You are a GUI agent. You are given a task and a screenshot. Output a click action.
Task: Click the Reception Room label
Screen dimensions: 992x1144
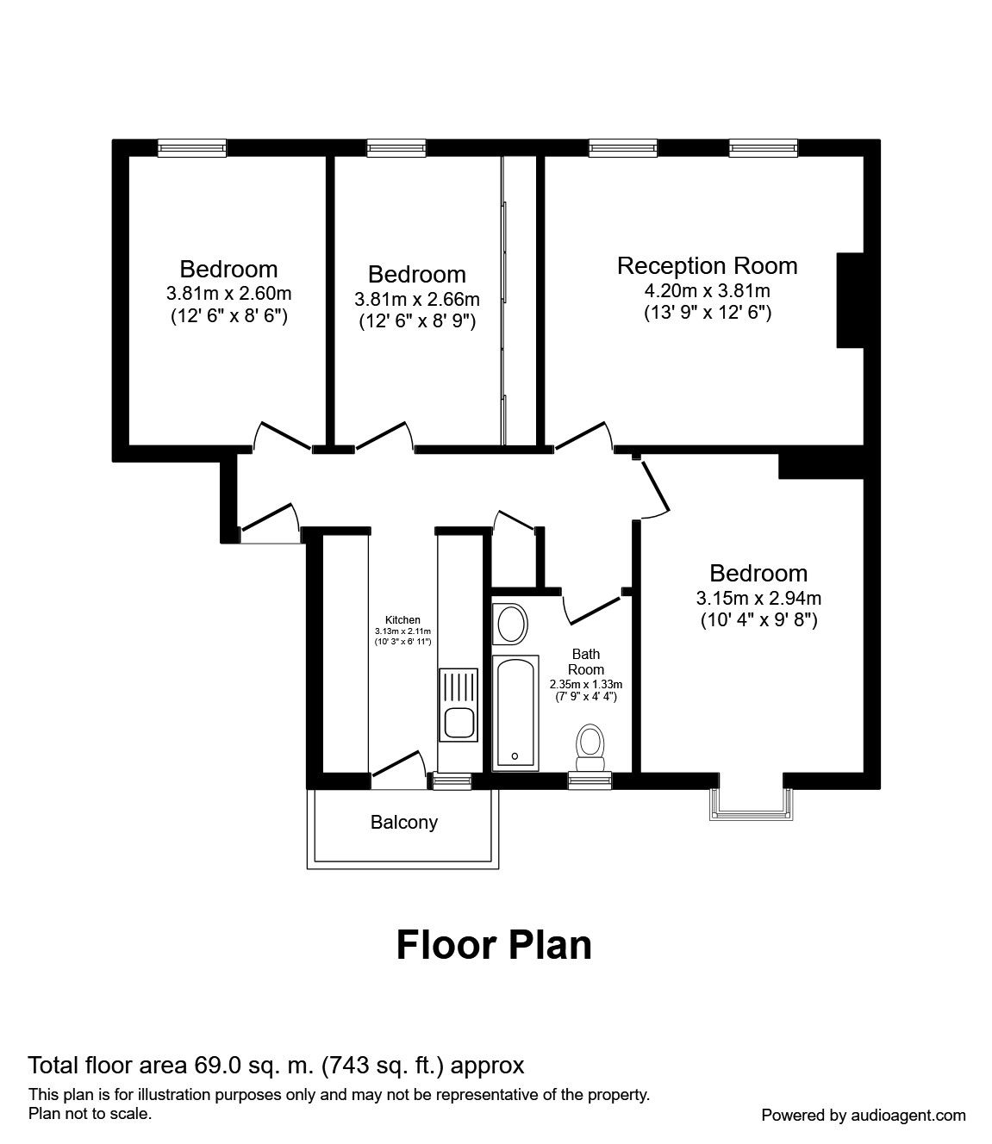tap(708, 266)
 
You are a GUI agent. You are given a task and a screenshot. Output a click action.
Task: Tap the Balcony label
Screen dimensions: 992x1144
tap(403, 822)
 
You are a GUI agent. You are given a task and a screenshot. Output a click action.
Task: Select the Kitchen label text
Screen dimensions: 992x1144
tap(402, 620)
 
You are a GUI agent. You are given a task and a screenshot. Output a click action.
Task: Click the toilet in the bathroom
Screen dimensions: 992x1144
tap(590, 748)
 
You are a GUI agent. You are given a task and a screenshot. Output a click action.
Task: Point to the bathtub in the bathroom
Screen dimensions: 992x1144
tap(515, 713)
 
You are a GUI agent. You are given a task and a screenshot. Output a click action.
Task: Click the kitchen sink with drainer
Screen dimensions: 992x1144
tap(458, 705)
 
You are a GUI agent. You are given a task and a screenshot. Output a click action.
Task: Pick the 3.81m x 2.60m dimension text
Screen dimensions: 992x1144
tap(228, 293)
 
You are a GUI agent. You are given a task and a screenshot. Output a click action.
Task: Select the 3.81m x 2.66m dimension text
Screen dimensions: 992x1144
tap(417, 299)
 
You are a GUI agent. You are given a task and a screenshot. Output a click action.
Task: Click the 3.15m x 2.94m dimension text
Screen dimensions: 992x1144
tap(758, 598)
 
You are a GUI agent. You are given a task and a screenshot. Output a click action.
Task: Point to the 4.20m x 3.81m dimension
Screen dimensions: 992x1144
tap(708, 290)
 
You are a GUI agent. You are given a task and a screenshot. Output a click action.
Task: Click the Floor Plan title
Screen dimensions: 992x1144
tap(494, 945)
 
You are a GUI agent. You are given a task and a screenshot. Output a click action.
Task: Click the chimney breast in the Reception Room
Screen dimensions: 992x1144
tap(850, 300)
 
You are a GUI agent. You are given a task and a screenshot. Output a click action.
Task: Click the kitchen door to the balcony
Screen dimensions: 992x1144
tap(398, 767)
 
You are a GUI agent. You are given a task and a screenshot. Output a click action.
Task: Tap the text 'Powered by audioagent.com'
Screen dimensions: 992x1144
tap(864, 1115)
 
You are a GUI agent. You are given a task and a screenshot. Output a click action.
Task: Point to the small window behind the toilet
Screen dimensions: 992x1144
tap(590, 780)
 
